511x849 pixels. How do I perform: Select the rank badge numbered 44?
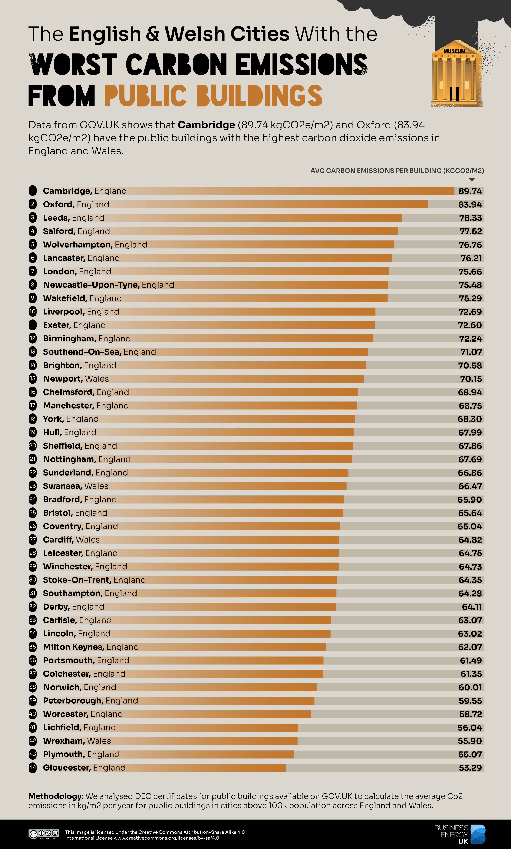33,768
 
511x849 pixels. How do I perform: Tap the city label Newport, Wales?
76,379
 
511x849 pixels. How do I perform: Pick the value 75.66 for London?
470,272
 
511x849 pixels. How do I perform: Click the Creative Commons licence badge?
43,834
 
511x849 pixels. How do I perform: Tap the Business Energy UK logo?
460,834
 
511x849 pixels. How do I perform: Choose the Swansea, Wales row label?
75,486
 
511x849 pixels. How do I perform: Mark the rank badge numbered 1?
33,191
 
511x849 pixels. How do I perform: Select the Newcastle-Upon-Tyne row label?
108,285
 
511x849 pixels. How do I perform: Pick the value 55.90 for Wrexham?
470,741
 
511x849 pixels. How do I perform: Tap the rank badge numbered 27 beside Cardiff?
33,540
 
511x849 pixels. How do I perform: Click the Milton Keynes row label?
91,647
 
